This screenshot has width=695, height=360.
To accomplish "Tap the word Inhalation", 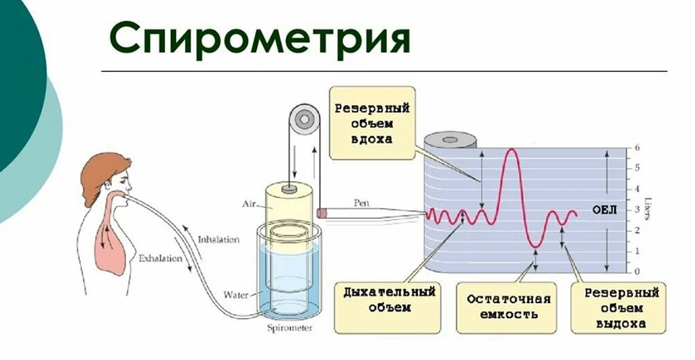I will pos(218,239).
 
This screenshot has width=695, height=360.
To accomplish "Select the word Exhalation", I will pos(160,256).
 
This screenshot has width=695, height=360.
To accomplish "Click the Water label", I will pos(236,294).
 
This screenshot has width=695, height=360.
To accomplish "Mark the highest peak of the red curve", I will pos(511,149).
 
